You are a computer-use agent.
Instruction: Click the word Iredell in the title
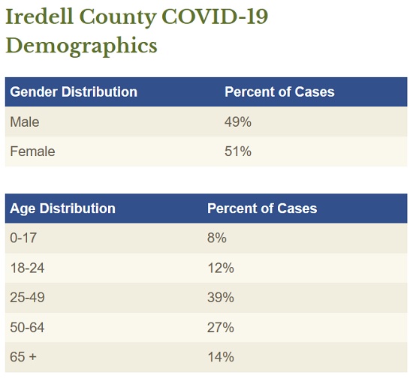pos(39,16)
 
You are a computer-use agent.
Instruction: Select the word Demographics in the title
pos(81,46)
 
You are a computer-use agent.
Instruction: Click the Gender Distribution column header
pos(74,91)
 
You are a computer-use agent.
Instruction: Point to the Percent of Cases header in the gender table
pos(279,91)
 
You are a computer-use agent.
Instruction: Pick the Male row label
pos(25,122)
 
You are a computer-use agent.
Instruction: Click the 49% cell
pos(238,122)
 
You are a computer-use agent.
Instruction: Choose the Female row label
pos(32,151)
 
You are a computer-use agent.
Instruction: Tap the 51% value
pos(238,151)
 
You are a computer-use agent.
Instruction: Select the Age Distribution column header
pos(62,208)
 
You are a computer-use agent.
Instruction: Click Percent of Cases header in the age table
pos(262,208)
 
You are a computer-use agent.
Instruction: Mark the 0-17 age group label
pos(23,238)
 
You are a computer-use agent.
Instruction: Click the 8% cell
pos(217,238)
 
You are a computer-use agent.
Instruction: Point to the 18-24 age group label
pos(27,268)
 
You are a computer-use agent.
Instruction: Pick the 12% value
pos(221,268)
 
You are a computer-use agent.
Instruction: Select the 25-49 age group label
pos(27,298)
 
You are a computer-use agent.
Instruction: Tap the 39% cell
pos(221,298)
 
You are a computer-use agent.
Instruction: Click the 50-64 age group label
pos(27,328)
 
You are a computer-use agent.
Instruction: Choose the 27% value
pos(221,328)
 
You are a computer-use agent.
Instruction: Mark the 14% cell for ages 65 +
pos(221,357)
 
